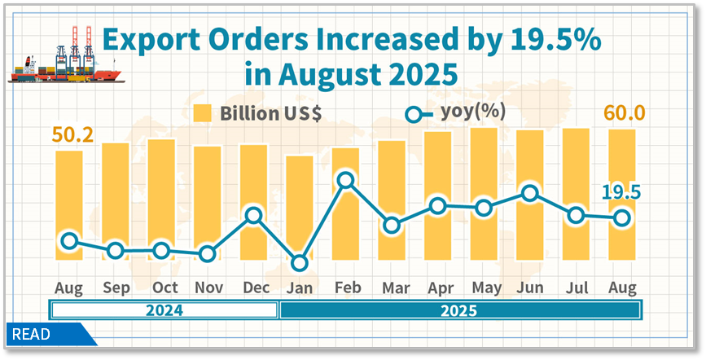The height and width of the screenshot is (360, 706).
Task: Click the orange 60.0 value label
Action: [x=624, y=112]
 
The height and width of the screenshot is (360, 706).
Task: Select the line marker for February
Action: [x=346, y=181]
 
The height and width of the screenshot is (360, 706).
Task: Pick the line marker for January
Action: [x=300, y=263]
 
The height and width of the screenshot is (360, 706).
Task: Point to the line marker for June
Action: [x=530, y=194]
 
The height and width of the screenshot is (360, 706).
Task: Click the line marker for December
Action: [x=253, y=216]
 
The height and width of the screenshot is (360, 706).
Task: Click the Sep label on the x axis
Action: [x=116, y=288]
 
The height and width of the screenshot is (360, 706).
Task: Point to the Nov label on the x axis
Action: [x=208, y=288]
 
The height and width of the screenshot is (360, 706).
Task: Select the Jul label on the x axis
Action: [x=577, y=288]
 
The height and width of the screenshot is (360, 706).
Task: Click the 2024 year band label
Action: [x=164, y=310]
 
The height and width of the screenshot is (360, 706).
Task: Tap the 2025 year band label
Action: [x=459, y=310]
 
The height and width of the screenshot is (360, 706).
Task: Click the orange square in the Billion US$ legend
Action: [x=204, y=113]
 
